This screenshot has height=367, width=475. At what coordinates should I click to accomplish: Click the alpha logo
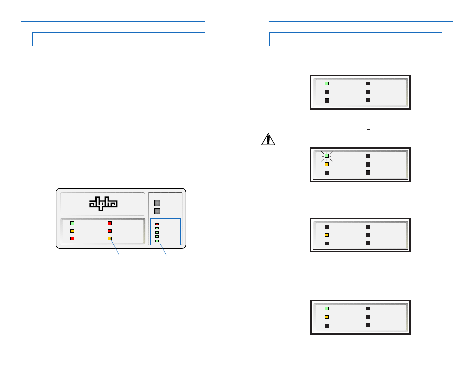[x=103, y=203]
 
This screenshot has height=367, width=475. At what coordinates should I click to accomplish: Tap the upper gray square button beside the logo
[x=157, y=203]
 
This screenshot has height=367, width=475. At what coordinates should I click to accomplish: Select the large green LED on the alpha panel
[x=72, y=223]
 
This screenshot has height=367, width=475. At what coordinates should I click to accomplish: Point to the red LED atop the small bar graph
[x=157, y=224]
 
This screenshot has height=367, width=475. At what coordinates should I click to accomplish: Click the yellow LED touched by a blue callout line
[x=110, y=238]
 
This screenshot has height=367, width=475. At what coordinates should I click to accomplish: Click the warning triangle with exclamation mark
[x=268, y=139]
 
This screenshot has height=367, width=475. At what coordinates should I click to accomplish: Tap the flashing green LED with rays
[x=327, y=156]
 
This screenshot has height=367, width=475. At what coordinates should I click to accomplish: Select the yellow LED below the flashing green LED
[x=327, y=164]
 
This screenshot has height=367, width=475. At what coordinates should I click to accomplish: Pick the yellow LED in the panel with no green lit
[x=327, y=235]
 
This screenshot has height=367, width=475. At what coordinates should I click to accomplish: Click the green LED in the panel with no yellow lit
[x=327, y=83]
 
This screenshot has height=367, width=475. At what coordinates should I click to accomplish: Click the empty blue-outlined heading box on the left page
[x=119, y=39]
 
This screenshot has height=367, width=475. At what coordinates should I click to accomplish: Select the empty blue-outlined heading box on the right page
[x=356, y=39]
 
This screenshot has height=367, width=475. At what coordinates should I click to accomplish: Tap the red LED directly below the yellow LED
[x=72, y=238]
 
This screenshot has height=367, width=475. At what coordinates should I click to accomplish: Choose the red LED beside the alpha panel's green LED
[x=110, y=223]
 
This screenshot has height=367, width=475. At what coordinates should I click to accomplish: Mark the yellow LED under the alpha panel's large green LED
[x=72, y=231]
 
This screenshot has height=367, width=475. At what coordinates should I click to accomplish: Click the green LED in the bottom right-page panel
[x=327, y=309]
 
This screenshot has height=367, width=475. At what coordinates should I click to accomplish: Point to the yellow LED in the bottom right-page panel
[x=327, y=317]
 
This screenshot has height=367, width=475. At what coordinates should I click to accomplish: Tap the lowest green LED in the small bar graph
[x=157, y=241]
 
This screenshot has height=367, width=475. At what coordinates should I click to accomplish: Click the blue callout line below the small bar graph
[x=163, y=250]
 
